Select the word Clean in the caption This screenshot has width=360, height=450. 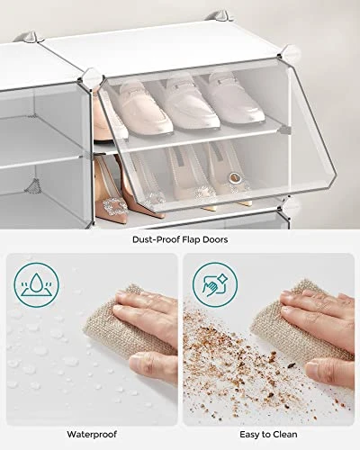[x=284, y=434]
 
